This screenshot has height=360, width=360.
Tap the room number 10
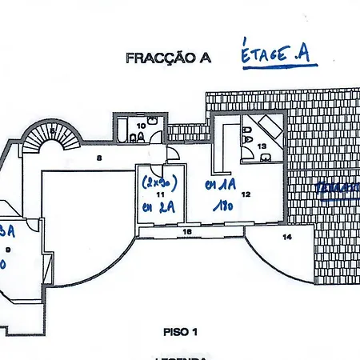point(141,125)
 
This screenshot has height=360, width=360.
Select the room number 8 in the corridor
point(98,158)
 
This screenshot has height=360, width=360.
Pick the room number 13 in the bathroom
point(261,146)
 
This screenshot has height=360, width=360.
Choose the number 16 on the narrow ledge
point(187,231)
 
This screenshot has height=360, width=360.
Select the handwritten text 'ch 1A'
point(217,186)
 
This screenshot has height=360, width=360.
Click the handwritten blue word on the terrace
point(336,189)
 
